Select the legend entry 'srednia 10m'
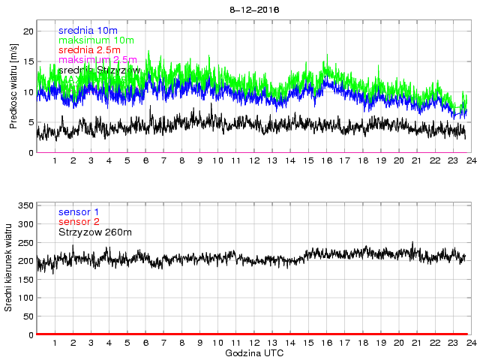pos(88,31)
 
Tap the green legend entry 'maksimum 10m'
pos(96,40)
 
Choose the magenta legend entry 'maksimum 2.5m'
pos(97,60)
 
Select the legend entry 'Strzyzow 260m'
pos(94,233)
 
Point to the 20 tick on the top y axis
pos(30,31)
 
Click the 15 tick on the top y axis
pos(30,62)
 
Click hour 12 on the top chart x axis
pos(253,161)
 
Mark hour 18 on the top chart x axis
pos(362,161)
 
